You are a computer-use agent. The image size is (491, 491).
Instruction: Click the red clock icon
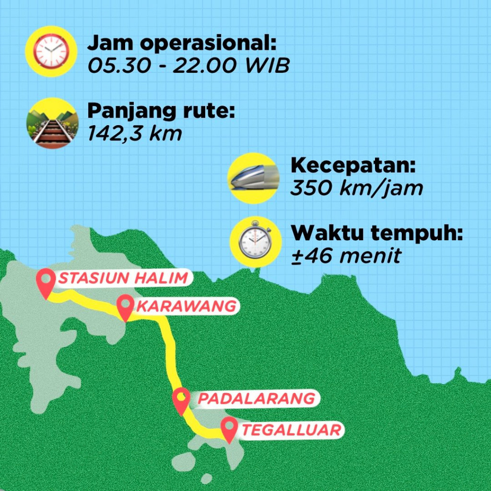(51, 51)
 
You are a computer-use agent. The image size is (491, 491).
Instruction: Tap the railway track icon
(51, 123)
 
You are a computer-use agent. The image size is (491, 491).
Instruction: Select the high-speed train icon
(253, 178)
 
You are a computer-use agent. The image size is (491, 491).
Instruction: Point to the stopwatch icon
(255, 242)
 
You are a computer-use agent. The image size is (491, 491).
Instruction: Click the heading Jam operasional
(182, 44)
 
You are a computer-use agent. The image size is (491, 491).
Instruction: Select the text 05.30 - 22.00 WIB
(188, 66)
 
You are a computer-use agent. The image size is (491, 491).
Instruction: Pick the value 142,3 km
(135, 134)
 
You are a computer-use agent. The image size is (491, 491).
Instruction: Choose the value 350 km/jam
(357, 187)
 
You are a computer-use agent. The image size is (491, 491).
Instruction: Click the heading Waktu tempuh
(378, 234)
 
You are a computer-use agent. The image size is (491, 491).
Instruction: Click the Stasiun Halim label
(123, 278)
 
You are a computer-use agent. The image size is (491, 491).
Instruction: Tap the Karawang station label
(186, 306)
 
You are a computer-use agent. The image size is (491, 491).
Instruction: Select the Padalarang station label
(257, 398)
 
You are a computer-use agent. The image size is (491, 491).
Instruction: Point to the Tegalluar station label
(291, 429)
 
